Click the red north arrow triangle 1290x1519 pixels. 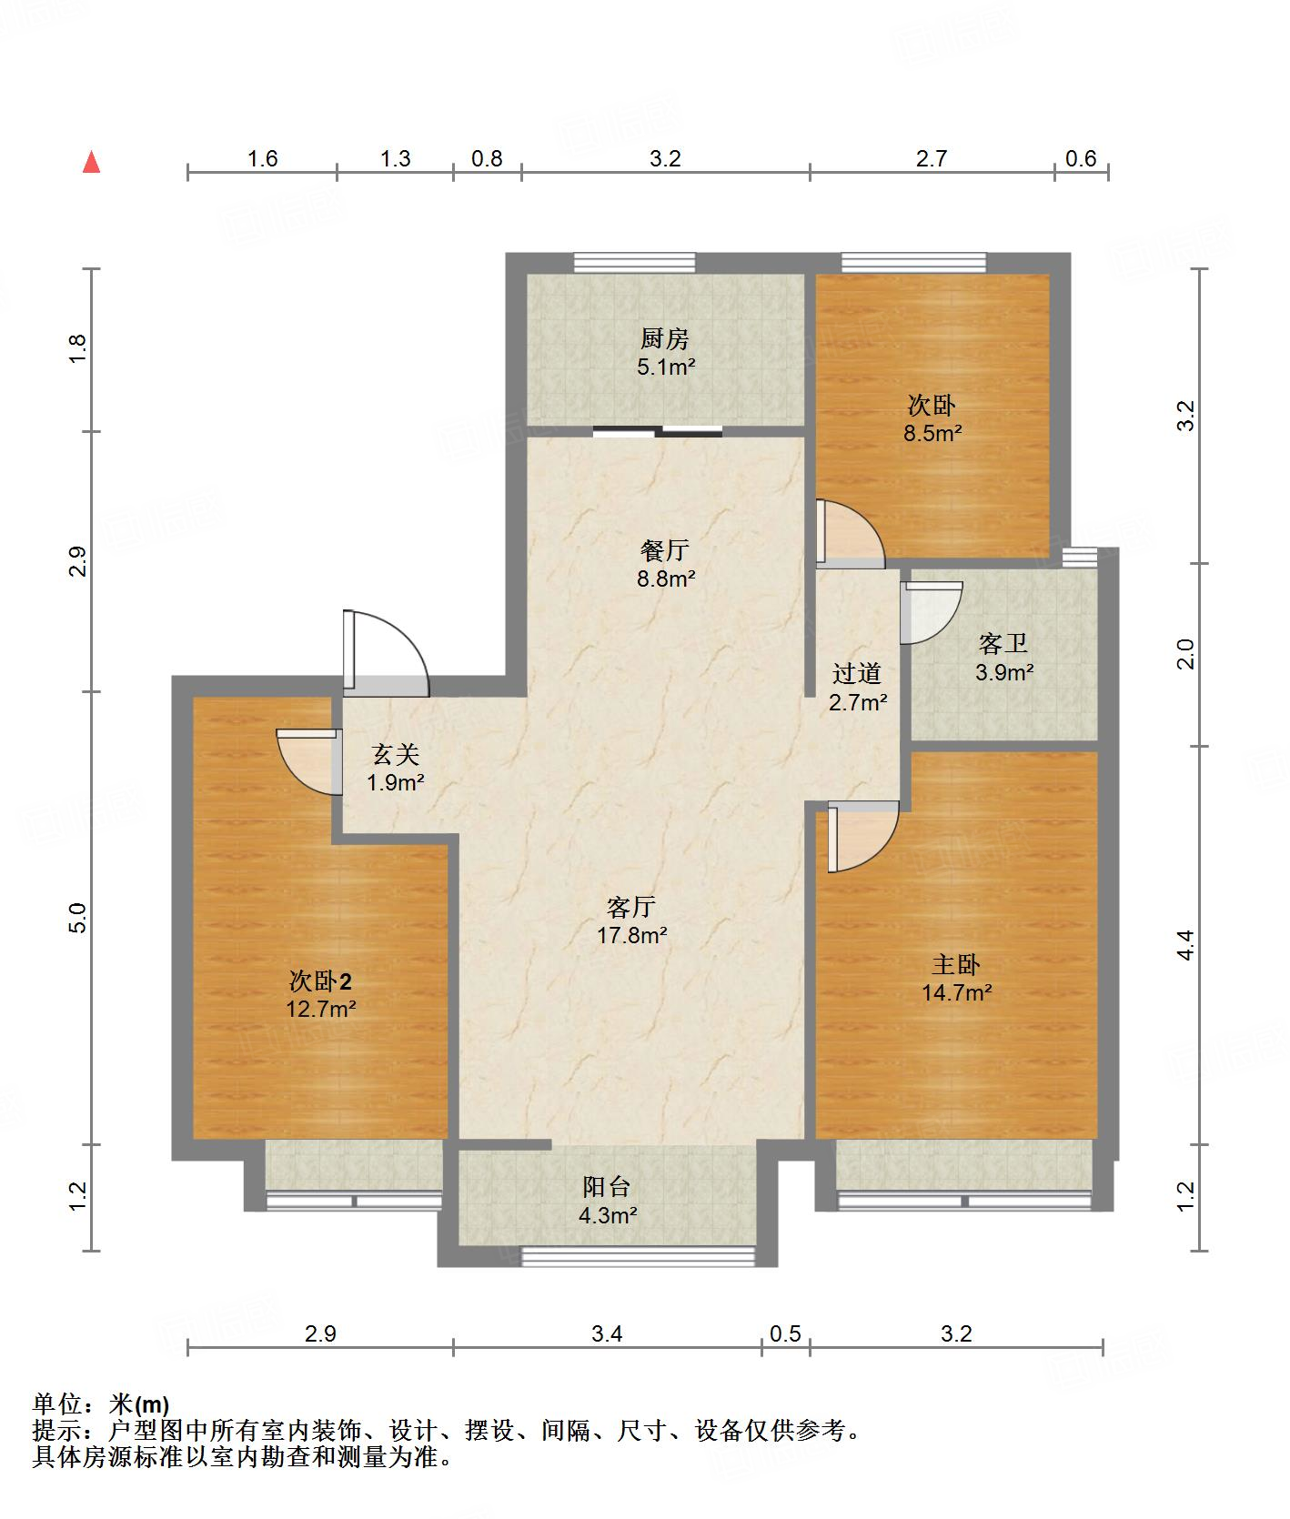(91, 163)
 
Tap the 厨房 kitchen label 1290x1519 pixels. (665, 339)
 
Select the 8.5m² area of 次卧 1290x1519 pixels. (932, 434)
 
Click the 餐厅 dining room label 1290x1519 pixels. (665, 550)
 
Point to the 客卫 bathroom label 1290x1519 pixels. (1003, 644)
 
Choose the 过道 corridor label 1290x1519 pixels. (857, 673)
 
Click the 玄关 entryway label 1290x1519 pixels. (396, 754)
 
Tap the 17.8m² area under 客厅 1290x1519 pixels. (632, 935)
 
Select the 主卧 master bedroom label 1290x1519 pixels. (955, 964)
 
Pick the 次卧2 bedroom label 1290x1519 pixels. (320, 981)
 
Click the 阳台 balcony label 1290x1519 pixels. (607, 1186)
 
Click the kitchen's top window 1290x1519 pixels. (635, 263)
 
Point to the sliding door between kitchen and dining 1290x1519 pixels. (658, 432)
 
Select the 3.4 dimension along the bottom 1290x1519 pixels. (607, 1333)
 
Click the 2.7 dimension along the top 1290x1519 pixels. (932, 159)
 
